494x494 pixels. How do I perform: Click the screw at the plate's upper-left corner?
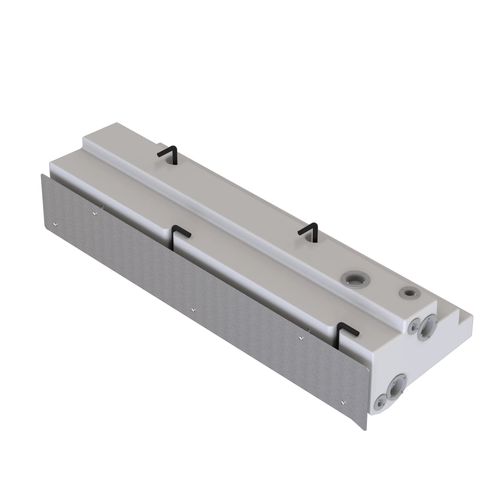pos(56,225)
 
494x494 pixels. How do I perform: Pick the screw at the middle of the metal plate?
pos(193,310)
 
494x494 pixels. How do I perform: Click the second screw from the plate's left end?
pos(94,212)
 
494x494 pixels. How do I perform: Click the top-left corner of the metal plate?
pos(41,174)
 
